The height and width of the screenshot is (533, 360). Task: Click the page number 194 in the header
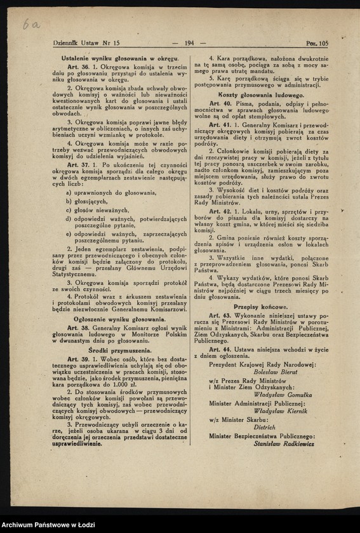coord(189,43)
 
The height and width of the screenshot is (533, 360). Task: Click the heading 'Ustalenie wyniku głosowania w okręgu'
coord(119,58)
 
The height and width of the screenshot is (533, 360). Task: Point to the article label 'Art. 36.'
coord(77,67)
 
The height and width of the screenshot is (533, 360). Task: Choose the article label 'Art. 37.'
coord(77,164)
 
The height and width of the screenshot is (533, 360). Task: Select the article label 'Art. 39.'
coord(77,359)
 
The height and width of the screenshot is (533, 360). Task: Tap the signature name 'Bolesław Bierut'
coord(267,372)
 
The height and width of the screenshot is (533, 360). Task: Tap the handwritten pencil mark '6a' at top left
coord(30,23)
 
